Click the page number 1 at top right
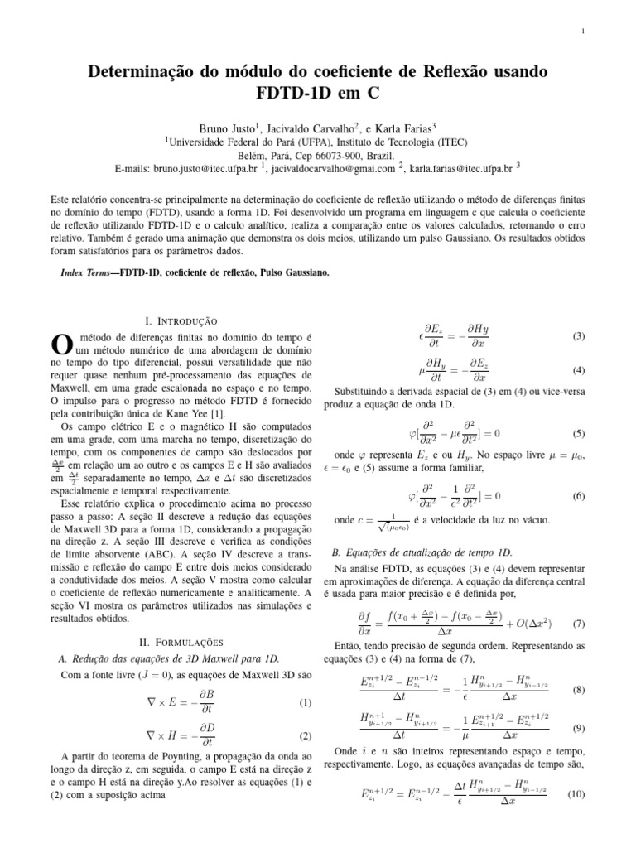[x=583, y=32]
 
